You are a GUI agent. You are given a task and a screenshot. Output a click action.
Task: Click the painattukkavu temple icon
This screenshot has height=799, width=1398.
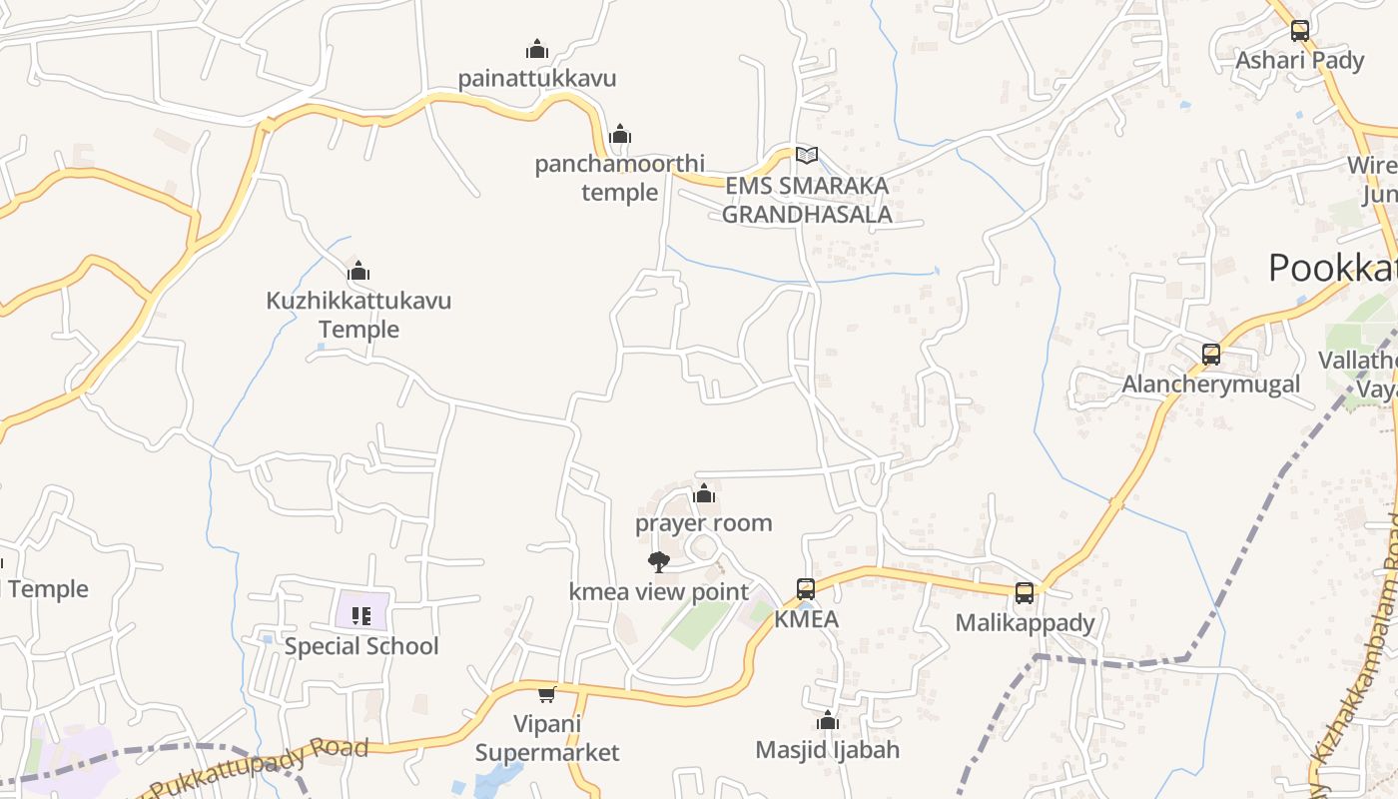click(537, 49)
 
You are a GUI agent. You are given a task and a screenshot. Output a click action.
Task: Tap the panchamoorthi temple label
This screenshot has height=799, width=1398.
click(619, 178)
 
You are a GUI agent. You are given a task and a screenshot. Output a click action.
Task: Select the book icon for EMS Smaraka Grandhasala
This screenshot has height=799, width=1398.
click(807, 155)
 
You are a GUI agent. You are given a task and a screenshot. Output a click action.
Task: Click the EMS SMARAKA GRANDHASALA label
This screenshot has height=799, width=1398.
click(807, 200)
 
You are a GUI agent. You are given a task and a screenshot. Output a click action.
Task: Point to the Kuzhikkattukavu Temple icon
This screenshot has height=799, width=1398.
click(358, 271)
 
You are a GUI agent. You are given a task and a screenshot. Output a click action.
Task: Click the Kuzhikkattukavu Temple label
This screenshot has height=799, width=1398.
click(358, 315)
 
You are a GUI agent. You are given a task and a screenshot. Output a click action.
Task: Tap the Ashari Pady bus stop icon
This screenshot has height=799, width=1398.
click(1299, 31)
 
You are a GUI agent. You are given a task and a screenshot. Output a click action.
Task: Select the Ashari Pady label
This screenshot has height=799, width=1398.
click(1299, 61)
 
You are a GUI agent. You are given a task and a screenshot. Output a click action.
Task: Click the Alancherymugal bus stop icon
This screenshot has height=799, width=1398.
click(1211, 355)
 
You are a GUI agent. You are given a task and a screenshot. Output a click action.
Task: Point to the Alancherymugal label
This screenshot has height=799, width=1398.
click(1211, 385)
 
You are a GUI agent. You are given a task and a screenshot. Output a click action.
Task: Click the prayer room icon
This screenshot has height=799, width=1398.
click(704, 493)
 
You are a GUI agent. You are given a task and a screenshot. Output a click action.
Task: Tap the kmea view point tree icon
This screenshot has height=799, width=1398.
click(658, 562)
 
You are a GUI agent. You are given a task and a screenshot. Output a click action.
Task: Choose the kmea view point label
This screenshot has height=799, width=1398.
click(659, 591)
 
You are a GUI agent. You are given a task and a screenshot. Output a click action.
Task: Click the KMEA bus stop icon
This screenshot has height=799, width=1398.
click(806, 589)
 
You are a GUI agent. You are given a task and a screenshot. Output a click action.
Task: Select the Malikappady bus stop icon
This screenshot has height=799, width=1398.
click(1025, 593)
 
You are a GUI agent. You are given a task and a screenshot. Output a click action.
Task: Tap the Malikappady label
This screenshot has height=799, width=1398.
click(1025, 623)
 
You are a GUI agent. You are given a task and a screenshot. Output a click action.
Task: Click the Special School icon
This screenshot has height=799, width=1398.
click(361, 616)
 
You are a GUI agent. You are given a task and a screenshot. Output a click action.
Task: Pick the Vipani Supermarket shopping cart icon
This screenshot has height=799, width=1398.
click(546, 694)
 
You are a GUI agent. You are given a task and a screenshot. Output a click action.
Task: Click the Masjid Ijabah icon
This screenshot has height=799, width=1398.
click(827, 721)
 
